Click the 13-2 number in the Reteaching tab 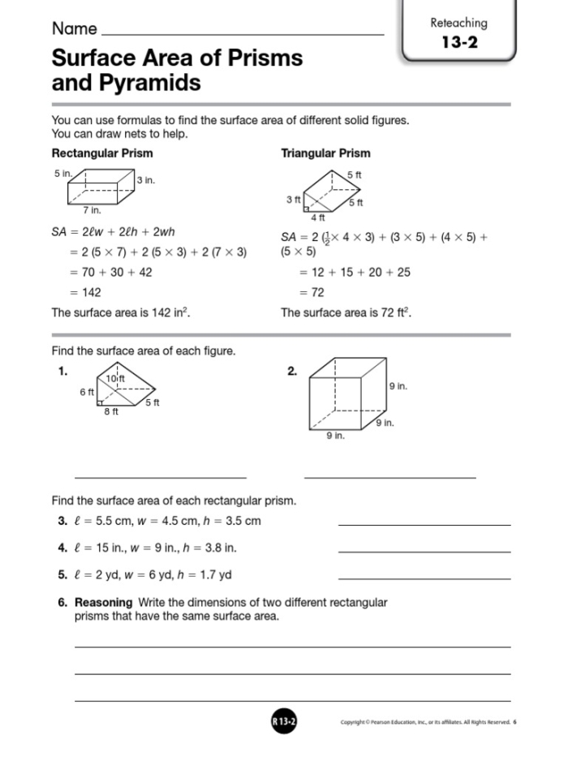458,43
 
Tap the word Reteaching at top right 458,23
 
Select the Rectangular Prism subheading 102,153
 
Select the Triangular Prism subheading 325,153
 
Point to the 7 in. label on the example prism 92,209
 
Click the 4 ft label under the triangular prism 318,217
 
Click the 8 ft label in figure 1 111,412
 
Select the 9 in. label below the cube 335,437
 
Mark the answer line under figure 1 160,477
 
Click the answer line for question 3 424,525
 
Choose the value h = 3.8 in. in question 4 207,548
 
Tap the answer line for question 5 424,578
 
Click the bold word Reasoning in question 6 103,603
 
